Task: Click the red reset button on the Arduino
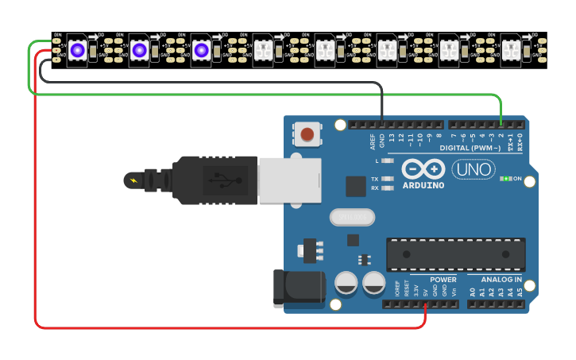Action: pos(307,134)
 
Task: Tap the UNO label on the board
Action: pos(471,169)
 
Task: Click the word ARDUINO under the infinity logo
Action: pos(423,186)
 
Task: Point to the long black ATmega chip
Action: pos(455,254)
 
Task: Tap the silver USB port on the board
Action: pos(289,180)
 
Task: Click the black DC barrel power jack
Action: pos(299,288)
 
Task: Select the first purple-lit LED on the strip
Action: pos(77,50)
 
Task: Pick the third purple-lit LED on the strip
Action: pos(201,50)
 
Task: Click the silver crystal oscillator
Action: pos(350,216)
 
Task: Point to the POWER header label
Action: pos(443,280)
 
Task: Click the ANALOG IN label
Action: pos(501,280)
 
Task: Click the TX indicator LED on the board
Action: pos(388,179)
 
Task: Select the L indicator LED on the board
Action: pos(388,161)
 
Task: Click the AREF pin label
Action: pos(372,141)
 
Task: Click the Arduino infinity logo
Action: pos(423,169)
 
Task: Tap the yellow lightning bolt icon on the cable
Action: pos(132,180)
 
